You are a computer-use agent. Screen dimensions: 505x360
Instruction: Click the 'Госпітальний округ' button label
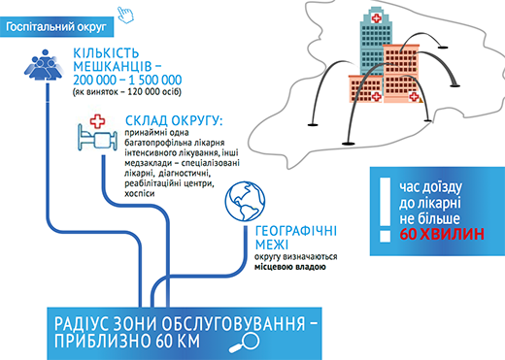coord(56,27)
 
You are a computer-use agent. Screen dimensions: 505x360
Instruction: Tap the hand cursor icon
coord(125,15)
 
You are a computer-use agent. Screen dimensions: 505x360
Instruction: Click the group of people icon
coord(44,64)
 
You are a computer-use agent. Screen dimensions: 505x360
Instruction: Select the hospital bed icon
coord(97,138)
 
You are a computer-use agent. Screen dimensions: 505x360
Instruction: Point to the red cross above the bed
coord(97,121)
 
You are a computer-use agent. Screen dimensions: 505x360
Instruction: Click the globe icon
coord(245,201)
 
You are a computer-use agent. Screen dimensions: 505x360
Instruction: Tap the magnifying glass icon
coord(245,343)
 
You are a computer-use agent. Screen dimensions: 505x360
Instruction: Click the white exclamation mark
coord(385,210)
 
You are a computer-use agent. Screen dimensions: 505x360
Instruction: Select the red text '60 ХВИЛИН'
coord(442,234)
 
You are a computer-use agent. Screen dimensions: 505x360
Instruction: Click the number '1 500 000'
coord(155,80)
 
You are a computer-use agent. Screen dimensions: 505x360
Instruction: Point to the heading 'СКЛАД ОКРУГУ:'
coord(174,120)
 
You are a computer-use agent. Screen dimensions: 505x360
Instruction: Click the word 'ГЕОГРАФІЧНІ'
coord(296,231)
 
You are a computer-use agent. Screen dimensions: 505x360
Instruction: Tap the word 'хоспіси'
coord(140,194)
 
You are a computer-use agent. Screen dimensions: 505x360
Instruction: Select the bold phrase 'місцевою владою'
coord(290,267)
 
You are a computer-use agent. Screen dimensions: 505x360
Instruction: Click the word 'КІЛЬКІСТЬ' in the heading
coord(106,53)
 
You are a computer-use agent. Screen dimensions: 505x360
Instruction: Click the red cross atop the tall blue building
coord(376,17)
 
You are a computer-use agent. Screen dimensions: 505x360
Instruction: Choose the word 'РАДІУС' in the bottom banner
coord(81,324)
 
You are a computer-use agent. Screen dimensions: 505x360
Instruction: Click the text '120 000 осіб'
coord(154,92)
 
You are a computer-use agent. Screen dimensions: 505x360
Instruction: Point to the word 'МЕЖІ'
coord(272,245)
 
